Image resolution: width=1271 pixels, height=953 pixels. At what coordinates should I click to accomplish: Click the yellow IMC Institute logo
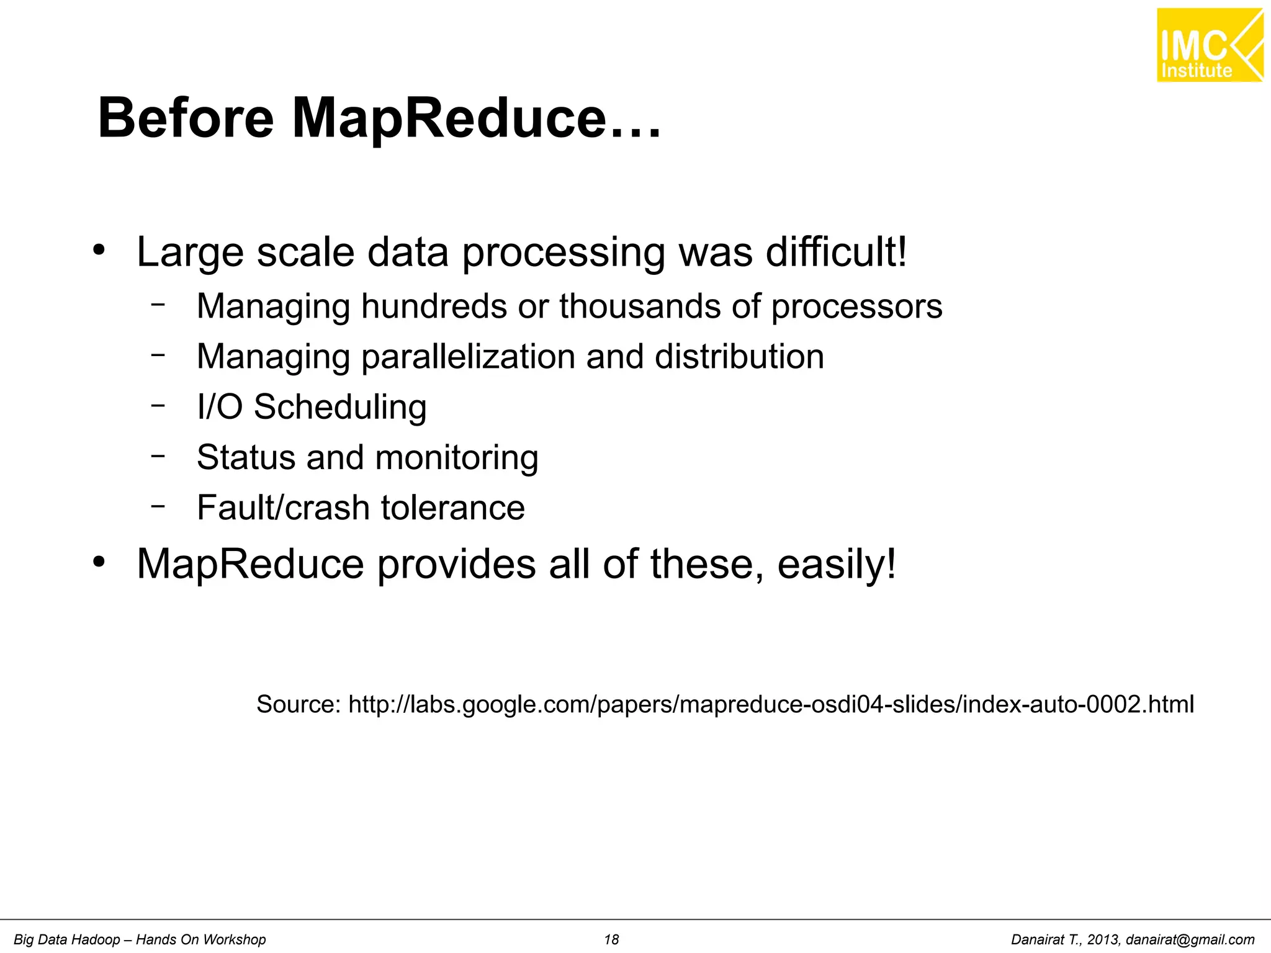pyautogui.click(x=1210, y=45)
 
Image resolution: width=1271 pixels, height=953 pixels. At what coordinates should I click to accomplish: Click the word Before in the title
pyautogui.click(x=186, y=118)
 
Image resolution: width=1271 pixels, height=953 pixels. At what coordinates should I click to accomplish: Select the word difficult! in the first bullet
pyautogui.click(x=836, y=252)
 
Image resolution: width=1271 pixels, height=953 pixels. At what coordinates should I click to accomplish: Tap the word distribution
pyautogui.click(x=739, y=357)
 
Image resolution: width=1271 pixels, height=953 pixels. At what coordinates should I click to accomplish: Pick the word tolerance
pyautogui.click(x=452, y=508)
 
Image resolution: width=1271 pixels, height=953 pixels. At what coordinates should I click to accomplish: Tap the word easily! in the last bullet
pyautogui.click(x=837, y=564)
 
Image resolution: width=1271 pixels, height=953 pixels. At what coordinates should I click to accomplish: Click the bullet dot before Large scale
pyautogui.click(x=99, y=251)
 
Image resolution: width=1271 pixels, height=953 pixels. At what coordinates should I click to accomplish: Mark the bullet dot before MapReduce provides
pyautogui.click(x=99, y=562)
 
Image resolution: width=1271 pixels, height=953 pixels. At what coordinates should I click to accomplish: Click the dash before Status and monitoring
pyautogui.click(x=158, y=455)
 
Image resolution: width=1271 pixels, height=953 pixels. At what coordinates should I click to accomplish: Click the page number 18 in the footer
pyautogui.click(x=611, y=940)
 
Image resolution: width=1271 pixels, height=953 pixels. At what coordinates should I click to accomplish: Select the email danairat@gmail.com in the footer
pyautogui.click(x=1190, y=940)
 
